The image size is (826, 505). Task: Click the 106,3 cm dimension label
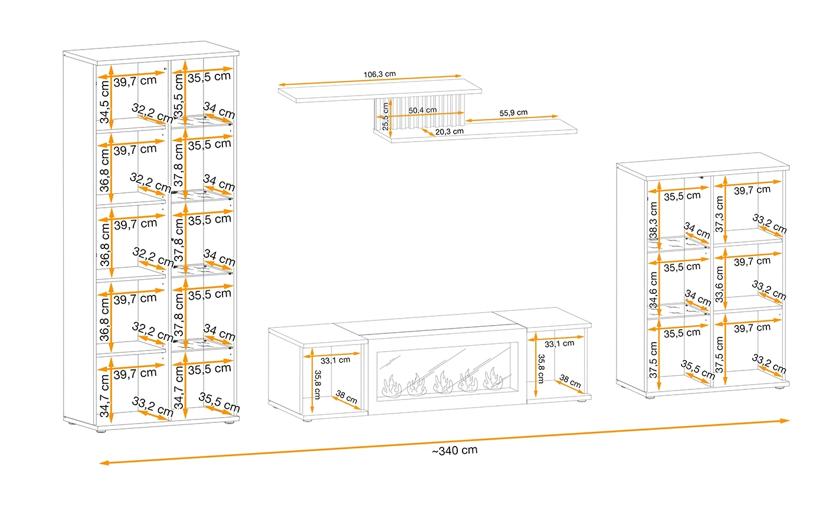379,74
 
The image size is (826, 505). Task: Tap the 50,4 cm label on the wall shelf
422,110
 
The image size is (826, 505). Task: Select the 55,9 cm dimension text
513,113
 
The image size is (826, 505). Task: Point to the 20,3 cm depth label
449,132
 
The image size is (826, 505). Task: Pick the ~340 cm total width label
454,451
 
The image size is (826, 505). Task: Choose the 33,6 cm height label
719,284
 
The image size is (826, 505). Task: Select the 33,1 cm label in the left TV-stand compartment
335,360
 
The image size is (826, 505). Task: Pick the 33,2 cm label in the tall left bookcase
153,407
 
